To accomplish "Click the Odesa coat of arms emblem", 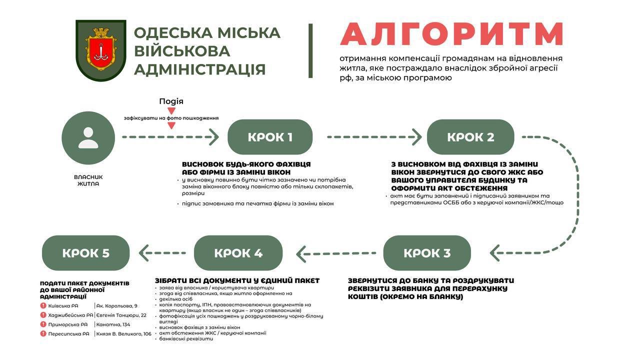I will coord(100,50).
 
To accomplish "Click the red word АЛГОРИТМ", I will coord(452,34).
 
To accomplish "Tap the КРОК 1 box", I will coord(270,137).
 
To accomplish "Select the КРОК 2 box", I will coord(470,137).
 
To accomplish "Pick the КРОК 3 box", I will coord(427,253).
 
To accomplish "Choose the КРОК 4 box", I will coord(238,253).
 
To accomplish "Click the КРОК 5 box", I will coord(85,253).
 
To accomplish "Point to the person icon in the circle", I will coord(88,138).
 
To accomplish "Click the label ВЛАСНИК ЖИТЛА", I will coord(88,180).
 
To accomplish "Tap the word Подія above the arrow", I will coord(171,101).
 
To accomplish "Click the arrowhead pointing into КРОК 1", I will coord(214,137).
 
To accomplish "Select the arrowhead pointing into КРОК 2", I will coord(416,136).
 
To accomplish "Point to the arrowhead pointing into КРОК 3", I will coord(495,253).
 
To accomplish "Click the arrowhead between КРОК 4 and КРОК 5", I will coord(144,253).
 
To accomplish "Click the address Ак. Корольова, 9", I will coord(117,305).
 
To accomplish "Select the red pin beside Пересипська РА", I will coord(44,333).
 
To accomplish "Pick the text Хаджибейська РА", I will coord(70,315).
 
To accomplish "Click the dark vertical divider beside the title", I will coord(310,50).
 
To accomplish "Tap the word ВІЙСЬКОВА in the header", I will coord(182,50).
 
